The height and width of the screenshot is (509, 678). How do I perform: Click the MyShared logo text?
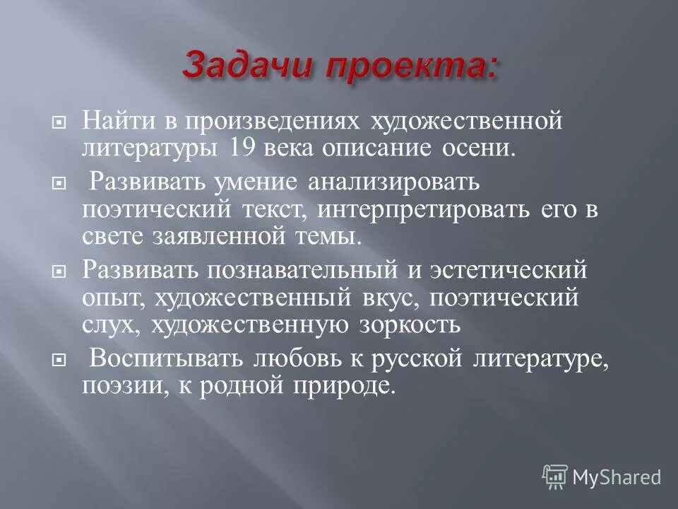pyautogui.click(x=617, y=476)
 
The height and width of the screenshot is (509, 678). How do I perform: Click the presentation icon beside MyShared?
pyautogui.click(x=555, y=475)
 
